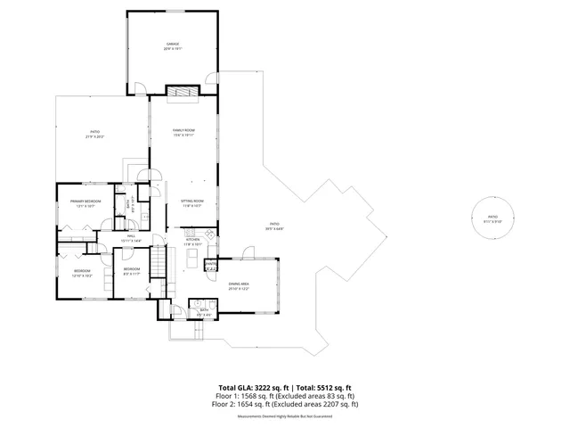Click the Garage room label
(172, 45)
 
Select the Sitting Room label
(192, 202)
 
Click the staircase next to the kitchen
(158, 264)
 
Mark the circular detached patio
(493, 218)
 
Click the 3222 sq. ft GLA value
(260, 388)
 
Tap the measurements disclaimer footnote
(284, 416)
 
